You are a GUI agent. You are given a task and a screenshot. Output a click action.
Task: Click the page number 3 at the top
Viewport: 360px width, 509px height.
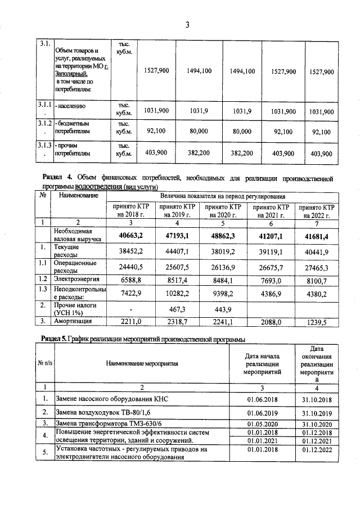pyautogui.click(x=187, y=24)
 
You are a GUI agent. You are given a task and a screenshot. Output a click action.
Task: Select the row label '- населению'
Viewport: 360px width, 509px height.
pyautogui.click(x=71, y=105)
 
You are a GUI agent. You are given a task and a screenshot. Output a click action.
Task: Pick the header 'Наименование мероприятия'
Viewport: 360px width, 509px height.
pyautogui.click(x=142, y=363)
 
